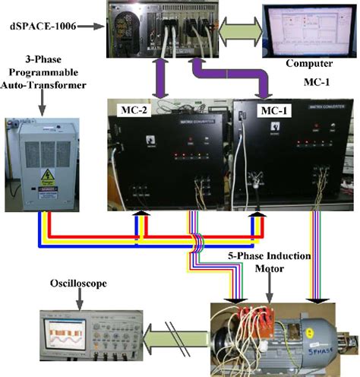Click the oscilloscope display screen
[x=65, y=332]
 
